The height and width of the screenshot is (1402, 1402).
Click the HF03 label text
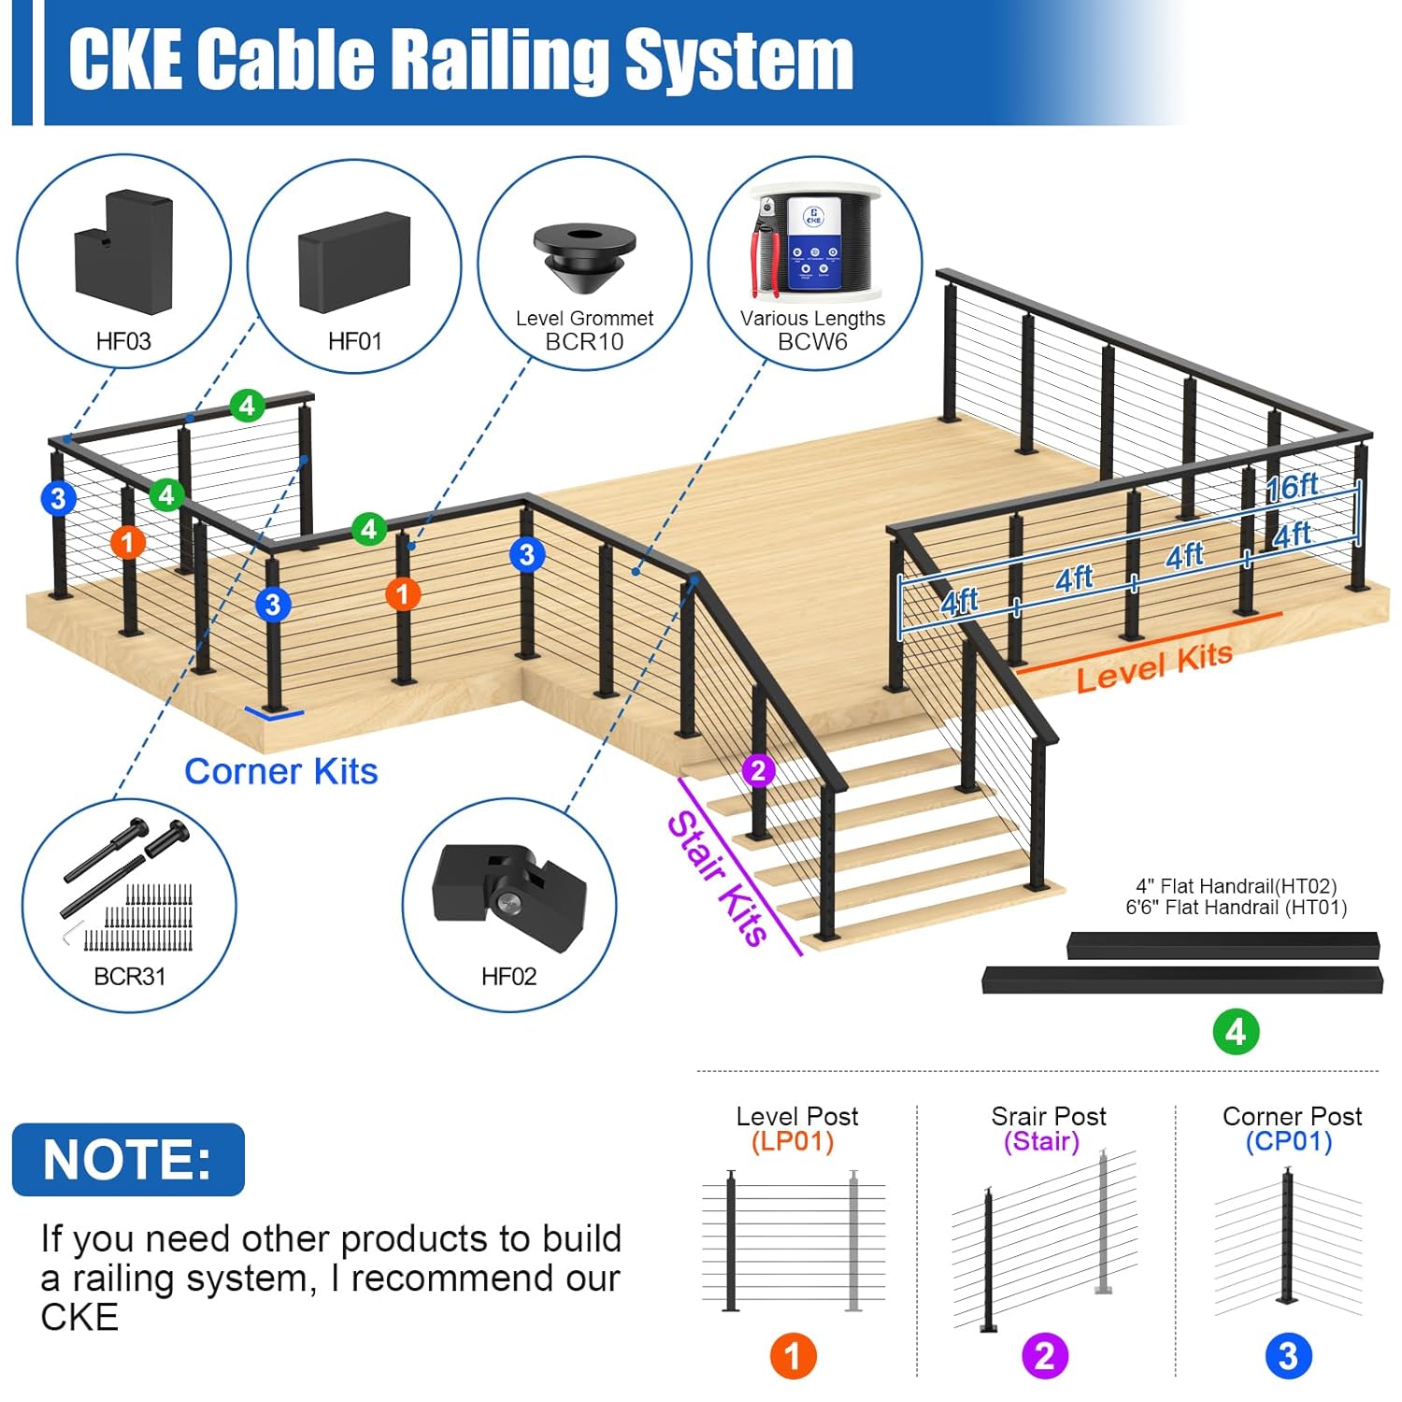click(123, 341)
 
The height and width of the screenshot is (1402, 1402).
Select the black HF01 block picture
click(354, 262)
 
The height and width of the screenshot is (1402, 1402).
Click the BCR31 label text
click(130, 977)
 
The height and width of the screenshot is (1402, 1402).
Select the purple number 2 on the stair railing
click(758, 771)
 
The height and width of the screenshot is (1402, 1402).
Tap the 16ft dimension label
click(1292, 486)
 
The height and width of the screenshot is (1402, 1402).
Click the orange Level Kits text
click(1154, 666)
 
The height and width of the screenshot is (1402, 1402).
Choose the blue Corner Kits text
click(280, 772)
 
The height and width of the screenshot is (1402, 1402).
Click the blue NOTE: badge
click(128, 1160)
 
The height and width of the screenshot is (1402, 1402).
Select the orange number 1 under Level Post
click(793, 1356)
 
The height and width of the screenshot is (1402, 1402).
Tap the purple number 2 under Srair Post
click(1045, 1356)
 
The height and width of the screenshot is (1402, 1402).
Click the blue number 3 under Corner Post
click(1288, 1356)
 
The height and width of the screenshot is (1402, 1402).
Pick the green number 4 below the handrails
click(1236, 1032)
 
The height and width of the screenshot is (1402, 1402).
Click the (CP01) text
click(1288, 1142)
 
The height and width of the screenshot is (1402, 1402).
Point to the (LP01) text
click(793, 1142)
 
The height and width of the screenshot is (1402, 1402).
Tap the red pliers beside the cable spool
click(766, 257)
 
